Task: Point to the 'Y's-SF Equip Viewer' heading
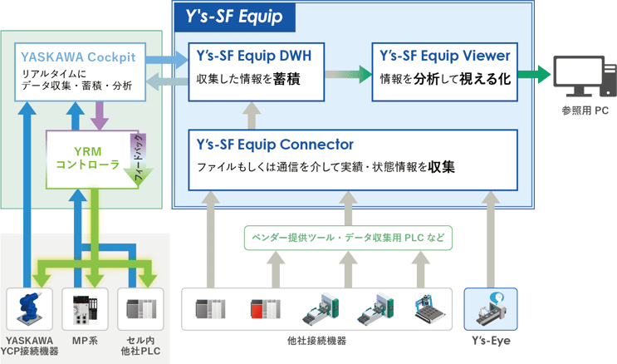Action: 443,57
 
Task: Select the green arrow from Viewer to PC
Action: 533,75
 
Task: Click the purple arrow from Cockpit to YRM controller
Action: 99,114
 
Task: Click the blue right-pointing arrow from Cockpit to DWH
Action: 168,59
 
